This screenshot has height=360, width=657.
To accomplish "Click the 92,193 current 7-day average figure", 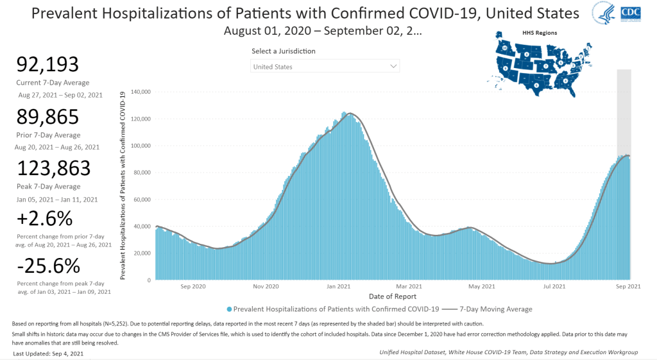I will point(47,65).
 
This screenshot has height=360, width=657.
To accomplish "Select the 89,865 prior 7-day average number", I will point(47,117).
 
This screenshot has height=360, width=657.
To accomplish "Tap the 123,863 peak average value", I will point(54,168).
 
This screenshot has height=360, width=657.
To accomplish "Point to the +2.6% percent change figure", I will point(45,219).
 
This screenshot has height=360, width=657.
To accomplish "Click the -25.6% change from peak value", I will point(49,266).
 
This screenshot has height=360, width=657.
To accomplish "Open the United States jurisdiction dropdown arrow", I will point(393,66).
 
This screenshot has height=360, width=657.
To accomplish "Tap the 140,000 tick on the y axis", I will point(141,92).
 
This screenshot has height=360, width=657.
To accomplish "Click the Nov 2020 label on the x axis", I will point(266,286).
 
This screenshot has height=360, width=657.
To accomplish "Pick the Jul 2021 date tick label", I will point(554,286).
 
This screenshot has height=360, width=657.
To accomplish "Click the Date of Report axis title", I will point(393,296).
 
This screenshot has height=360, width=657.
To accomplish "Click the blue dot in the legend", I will point(229,309).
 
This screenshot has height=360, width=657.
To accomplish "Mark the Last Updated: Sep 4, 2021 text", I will point(48,353).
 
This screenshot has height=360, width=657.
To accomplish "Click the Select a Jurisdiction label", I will point(284,51).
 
